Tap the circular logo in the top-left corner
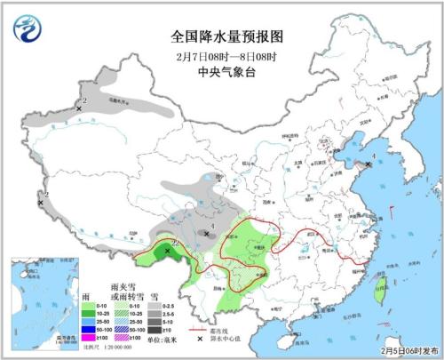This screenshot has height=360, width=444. tap(28, 29)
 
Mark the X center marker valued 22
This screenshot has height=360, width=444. tap(167, 252)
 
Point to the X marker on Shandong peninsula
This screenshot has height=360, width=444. tap(369, 164)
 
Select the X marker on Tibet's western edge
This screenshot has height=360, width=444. tap(41, 204)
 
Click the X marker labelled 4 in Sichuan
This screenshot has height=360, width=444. tap(207, 234)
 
